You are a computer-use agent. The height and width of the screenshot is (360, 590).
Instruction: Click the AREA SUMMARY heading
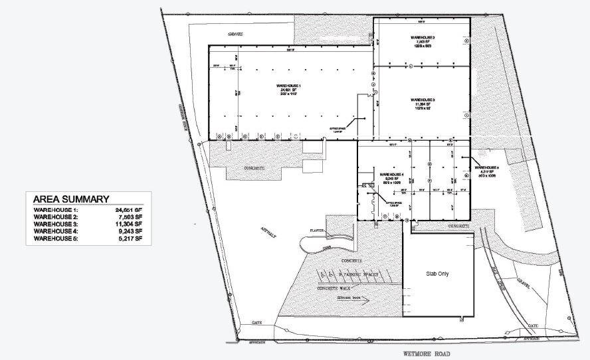[71, 199]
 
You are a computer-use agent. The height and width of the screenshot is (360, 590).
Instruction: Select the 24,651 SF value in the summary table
[128, 211]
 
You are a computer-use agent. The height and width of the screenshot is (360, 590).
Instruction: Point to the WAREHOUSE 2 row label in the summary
[56, 217]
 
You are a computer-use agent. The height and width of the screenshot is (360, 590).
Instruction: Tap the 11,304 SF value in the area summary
[128, 224]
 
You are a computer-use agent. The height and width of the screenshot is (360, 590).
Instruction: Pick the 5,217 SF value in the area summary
[128, 237]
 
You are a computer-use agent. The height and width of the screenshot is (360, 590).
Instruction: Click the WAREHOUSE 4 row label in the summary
[56, 230]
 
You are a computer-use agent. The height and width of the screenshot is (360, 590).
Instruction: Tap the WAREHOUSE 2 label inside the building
[422, 37]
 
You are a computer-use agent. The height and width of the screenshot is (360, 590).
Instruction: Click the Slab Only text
[438, 273]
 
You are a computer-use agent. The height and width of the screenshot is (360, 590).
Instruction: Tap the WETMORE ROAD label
[427, 353]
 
